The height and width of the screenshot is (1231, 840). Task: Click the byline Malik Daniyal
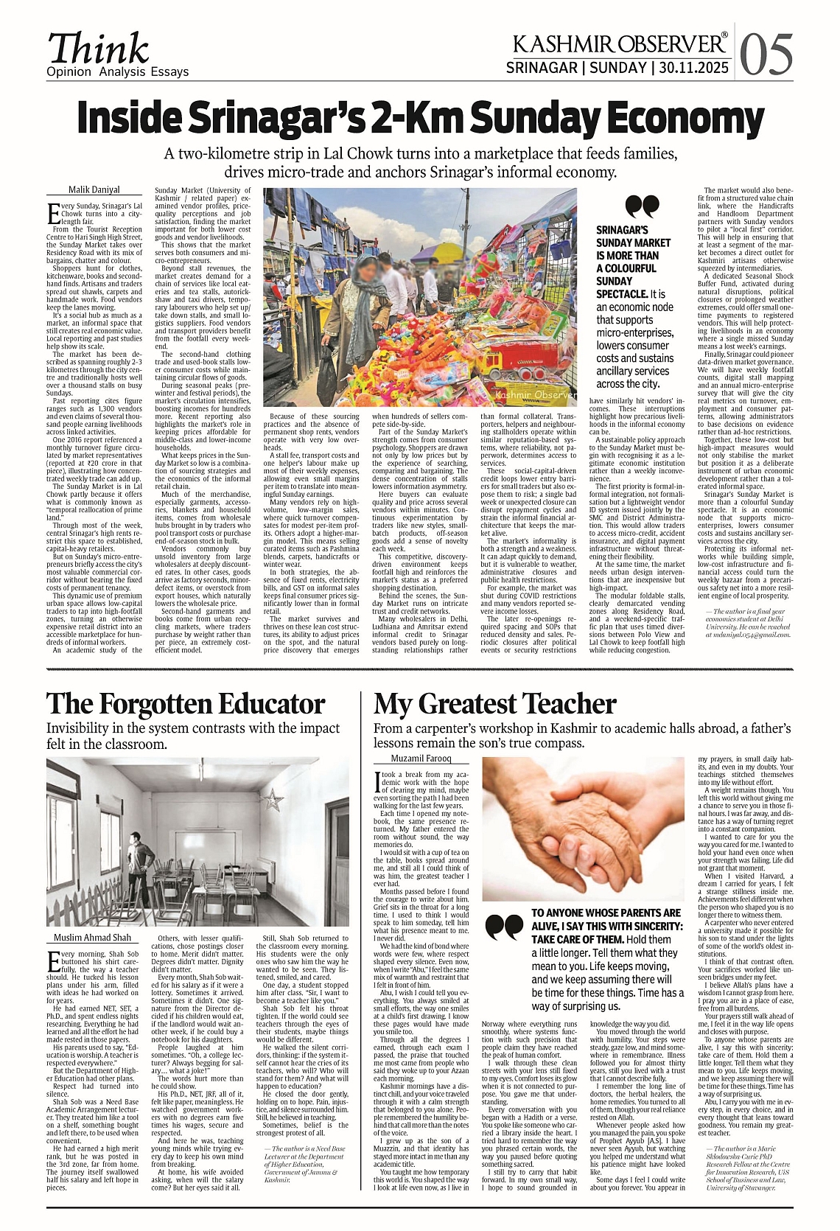click(x=94, y=189)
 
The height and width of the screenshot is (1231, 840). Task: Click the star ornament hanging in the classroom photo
click(x=274, y=798)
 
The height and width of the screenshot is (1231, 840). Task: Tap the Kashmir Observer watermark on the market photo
click(x=536, y=396)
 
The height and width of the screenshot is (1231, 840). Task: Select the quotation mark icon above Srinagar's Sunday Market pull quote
click(x=641, y=206)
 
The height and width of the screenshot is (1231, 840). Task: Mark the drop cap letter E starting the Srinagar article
click(x=53, y=215)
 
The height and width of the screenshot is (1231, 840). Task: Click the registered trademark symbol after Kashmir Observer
click(x=724, y=35)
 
